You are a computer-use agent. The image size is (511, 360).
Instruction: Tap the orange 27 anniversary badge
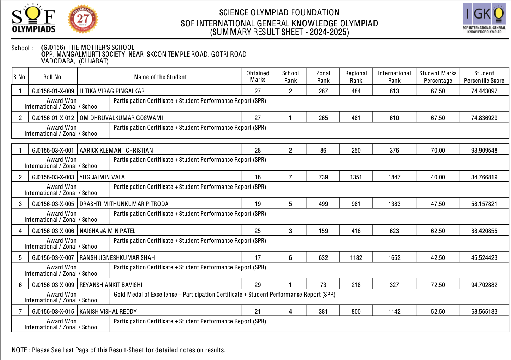click(x=83, y=19)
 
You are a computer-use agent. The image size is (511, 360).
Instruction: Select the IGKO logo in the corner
click(x=484, y=18)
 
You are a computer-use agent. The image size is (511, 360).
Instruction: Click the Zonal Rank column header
click(x=323, y=77)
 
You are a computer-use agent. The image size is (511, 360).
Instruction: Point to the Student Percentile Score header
click(x=484, y=77)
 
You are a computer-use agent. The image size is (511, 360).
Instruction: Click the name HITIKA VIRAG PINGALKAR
click(x=112, y=91)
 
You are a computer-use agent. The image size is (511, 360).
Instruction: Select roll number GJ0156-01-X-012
click(x=53, y=118)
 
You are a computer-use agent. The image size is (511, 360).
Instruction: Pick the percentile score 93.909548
click(x=484, y=151)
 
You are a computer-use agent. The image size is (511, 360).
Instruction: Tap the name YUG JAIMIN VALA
click(x=102, y=177)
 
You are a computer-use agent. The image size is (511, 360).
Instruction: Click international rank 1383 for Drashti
click(x=394, y=204)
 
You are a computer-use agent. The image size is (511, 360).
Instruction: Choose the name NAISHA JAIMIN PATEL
click(x=107, y=231)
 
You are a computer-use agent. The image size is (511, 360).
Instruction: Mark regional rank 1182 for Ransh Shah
click(x=356, y=258)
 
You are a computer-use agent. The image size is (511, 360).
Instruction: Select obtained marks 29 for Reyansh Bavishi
click(x=258, y=285)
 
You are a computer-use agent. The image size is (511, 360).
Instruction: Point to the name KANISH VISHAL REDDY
click(x=108, y=312)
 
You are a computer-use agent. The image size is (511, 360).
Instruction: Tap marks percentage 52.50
click(x=438, y=312)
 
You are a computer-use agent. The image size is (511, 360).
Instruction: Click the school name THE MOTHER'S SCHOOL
click(x=101, y=47)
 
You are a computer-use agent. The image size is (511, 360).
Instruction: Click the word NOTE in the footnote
click(x=19, y=350)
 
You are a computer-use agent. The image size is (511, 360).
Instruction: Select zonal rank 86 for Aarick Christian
click(x=323, y=151)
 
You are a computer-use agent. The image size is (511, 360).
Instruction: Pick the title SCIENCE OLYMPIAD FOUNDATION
click(x=279, y=13)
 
